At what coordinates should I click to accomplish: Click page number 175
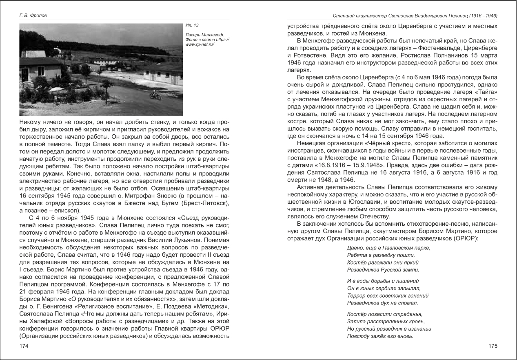click(x=493, y=347)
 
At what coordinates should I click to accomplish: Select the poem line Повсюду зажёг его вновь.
click(x=380, y=336)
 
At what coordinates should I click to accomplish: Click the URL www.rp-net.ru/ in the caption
click(x=200, y=44)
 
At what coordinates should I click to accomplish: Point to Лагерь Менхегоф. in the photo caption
click(x=204, y=35)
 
